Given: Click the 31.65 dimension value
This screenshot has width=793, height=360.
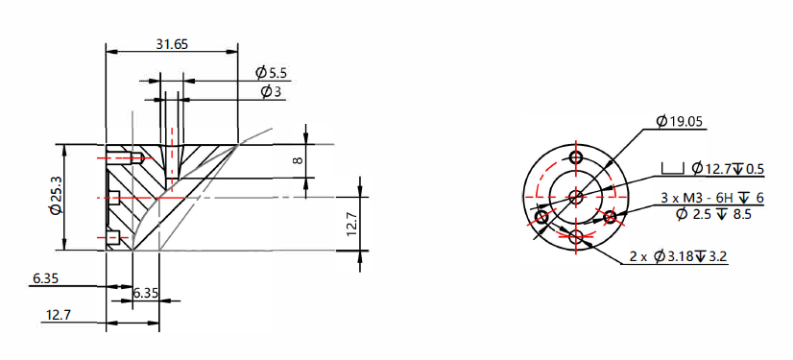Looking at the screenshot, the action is [172, 44].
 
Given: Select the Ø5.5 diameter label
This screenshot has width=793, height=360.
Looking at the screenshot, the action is [271, 73].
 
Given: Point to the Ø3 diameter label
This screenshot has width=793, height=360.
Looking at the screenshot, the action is [271, 91].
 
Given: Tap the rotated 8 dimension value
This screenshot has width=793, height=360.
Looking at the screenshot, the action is [298, 160].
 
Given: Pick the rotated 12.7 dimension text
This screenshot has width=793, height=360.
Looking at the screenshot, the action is [352, 224].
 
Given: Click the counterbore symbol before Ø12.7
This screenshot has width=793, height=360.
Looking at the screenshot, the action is [673, 168].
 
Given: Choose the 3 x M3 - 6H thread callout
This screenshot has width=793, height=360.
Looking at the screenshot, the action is [702, 198].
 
